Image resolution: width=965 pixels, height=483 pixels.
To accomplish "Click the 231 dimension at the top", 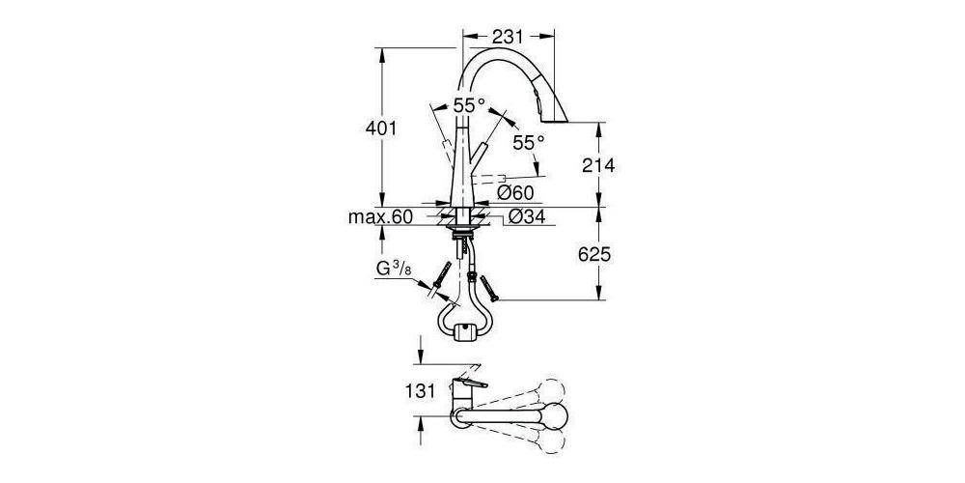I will click(508, 37).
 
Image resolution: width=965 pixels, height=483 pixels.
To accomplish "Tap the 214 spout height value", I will click(597, 165).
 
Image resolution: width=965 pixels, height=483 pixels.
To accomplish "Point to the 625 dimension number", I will click(597, 255).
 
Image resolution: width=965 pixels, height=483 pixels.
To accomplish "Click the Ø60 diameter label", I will click(515, 193).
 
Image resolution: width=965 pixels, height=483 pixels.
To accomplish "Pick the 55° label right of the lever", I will click(528, 142).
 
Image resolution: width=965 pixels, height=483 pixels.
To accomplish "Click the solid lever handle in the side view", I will click(481, 155).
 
